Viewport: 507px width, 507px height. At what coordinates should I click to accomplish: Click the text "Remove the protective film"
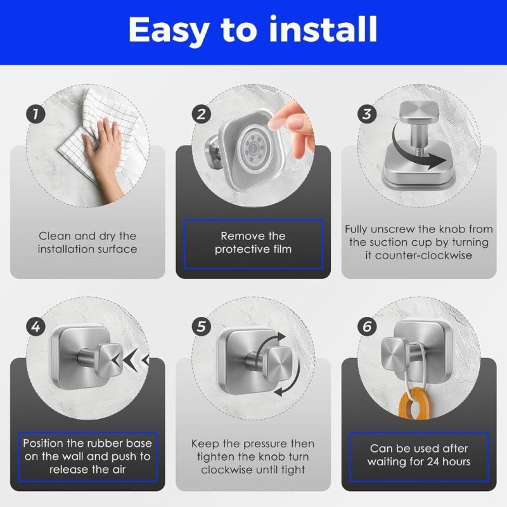click(x=253, y=242)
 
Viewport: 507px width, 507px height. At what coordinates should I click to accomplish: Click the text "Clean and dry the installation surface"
click(x=87, y=242)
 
